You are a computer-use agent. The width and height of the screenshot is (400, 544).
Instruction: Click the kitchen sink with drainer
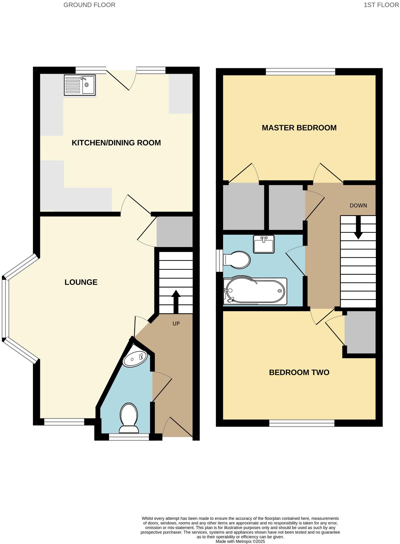pyautogui.click(x=80, y=85)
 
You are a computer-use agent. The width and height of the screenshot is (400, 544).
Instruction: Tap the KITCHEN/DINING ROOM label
pyautogui.click(x=116, y=143)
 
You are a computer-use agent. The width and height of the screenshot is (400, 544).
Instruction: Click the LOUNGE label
pyautogui.click(x=81, y=282)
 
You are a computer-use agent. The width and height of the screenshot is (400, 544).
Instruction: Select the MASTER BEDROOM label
pyautogui.click(x=299, y=128)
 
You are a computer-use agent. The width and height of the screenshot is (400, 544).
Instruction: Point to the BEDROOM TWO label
pyautogui.click(x=299, y=372)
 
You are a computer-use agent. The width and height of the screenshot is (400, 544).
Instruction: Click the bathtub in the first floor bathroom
pyautogui.click(x=255, y=291)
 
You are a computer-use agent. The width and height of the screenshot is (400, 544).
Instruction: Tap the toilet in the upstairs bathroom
pyautogui.click(x=237, y=260)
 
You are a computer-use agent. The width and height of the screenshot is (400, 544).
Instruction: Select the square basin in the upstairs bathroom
pyautogui.click(x=264, y=244)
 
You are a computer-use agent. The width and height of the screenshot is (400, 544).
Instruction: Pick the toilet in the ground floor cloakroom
pyautogui.click(x=129, y=418)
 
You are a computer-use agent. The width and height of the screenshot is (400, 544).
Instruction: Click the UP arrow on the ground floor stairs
pyautogui.click(x=176, y=302)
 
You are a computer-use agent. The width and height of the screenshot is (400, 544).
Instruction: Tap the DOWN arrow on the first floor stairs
pyautogui.click(x=358, y=227)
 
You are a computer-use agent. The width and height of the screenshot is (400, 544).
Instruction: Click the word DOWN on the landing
pyautogui.click(x=358, y=206)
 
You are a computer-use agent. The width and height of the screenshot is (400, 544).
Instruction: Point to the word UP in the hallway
pyautogui.click(x=176, y=324)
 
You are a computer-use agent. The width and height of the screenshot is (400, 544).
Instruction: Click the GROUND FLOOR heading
pyautogui.click(x=89, y=5)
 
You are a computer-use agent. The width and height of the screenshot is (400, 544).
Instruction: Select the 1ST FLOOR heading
pyautogui.click(x=381, y=5)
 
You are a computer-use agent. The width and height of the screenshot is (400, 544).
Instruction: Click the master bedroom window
pyautogui.click(x=300, y=72)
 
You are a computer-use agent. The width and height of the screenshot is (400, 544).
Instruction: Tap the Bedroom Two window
pyautogui.click(x=302, y=423)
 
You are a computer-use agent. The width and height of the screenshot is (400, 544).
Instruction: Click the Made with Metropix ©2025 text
pyautogui.click(x=240, y=542)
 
